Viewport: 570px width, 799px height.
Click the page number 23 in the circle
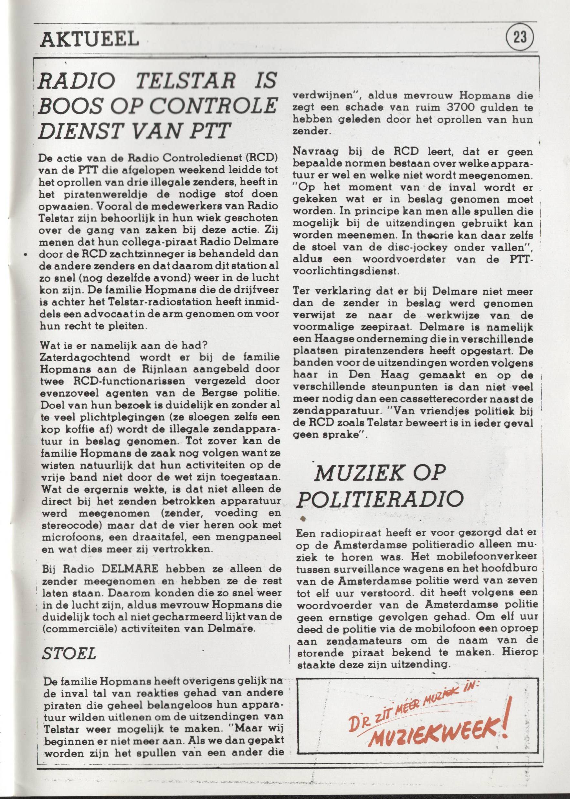pos(520,37)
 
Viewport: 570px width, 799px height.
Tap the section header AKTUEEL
pos(90,39)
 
